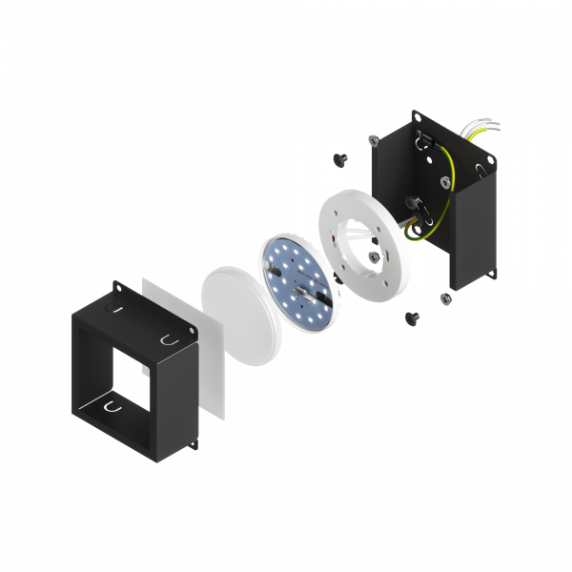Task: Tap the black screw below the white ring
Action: coord(413,316)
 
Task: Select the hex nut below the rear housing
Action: coord(443,299)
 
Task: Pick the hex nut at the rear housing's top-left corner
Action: coord(372,139)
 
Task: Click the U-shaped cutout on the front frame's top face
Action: coord(169,338)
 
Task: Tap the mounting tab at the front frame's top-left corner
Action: coord(117,285)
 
